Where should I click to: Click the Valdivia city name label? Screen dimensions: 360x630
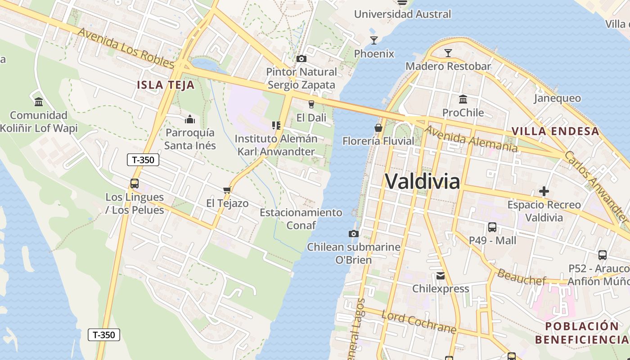pyautogui.click(x=422, y=182)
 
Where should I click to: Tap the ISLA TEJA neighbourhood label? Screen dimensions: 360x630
pyautogui.click(x=166, y=85)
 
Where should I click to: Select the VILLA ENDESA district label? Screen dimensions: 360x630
pyautogui.click(x=555, y=131)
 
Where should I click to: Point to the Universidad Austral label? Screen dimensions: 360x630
pyautogui.click(x=402, y=14)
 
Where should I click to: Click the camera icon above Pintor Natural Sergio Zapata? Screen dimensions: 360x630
pyautogui.click(x=301, y=58)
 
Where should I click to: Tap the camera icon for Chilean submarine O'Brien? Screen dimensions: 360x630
pyautogui.click(x=354, y=234)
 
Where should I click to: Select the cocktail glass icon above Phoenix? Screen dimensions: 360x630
pyautogui.click(x=374, y=40)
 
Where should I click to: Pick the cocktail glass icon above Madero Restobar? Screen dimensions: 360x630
pyautogui.click(x=448, y=53)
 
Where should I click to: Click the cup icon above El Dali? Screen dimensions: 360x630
pyautogui.click(x=311, y=104)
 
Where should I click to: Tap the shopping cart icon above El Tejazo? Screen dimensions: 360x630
pyautogui.click(x=227, y=190)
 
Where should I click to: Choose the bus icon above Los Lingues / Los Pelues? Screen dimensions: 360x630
pyautogui.click(x=134, y=184)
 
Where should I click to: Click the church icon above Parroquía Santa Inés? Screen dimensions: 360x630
pyautogui.click(x=190, y=119)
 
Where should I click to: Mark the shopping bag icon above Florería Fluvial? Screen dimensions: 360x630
pyautogui.click(x=378, y=128)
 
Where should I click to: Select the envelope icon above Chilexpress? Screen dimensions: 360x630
pyautogui.click(x=441, y=275)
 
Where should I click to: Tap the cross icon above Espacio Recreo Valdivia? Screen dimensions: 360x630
pyautogui.click(x=544, y=191)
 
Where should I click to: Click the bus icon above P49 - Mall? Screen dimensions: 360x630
pyautogui.click(x=492, y=227)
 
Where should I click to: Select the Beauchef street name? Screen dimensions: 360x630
pyautogui.click(x=521, y=275)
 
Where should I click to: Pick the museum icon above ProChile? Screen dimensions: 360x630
pyautogui.click(x=463, y=99)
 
